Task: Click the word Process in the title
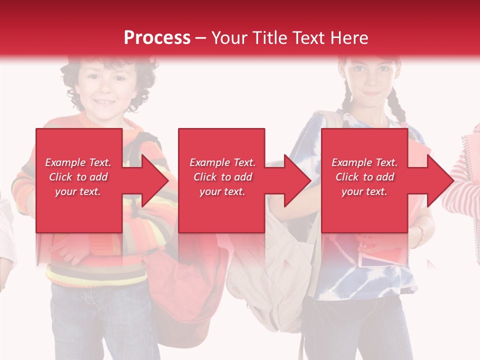pos(157,37)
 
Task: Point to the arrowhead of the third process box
pos(440,180)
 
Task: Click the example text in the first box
pos(78,177)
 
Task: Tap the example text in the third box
pos(364,177)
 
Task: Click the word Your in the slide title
pos(229,37)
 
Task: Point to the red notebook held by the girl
pos(380,255)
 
